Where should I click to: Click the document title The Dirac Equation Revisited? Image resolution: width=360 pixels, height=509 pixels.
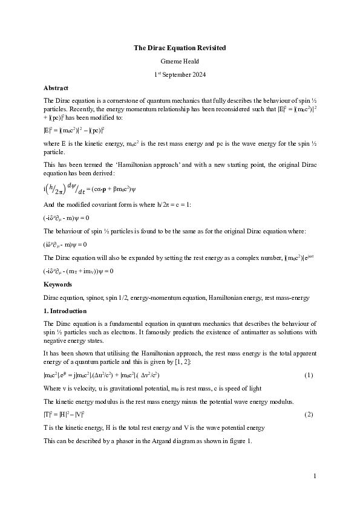(180, 47)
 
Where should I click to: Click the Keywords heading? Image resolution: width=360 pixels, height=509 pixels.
(58, 284)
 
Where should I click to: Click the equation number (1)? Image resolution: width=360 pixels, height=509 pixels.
(309, 375)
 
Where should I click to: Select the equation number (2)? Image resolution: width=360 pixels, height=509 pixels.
(309, 414)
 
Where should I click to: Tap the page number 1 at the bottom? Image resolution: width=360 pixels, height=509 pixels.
(315, 476)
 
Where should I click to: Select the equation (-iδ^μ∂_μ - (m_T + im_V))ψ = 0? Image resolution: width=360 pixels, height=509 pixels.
(78, 271)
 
